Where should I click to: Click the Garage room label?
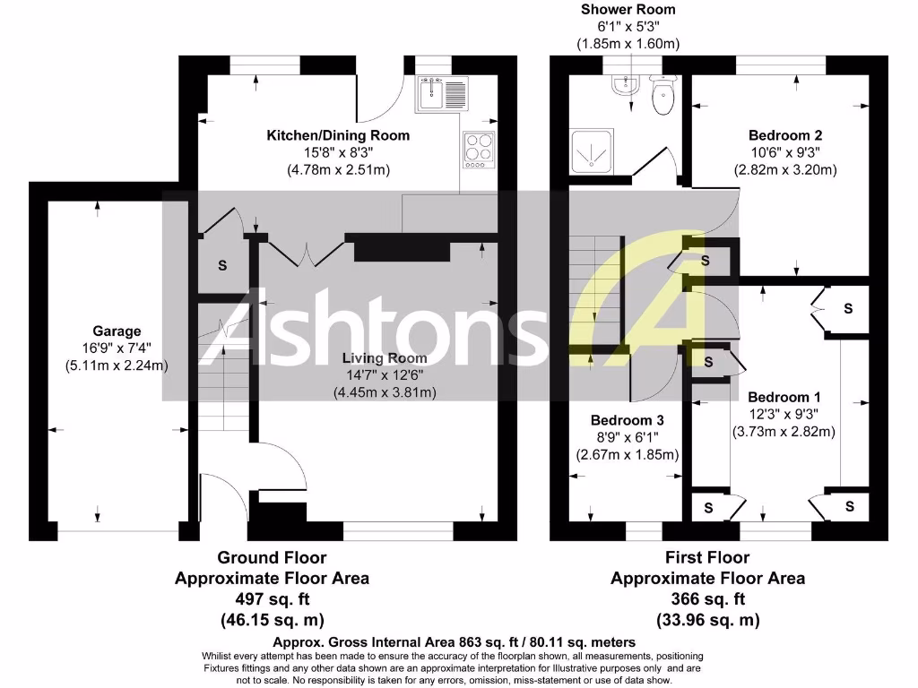coord(117,331)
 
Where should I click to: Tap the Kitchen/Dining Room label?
coord(338,135)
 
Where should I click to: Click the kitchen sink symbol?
coord(442,92)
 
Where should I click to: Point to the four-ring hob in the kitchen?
coord(480,149)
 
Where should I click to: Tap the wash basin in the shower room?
coord(622,85)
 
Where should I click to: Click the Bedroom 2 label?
coord(778,135)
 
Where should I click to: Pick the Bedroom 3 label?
coord(627,420)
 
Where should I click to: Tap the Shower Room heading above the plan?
coord(628,10)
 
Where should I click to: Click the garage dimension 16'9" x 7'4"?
coord(117,348)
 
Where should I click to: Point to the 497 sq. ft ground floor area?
coord(272,599)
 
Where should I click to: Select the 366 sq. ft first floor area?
coord(707,599)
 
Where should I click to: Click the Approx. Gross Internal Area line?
coord(455,641)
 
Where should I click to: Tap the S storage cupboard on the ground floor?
coord(222,265)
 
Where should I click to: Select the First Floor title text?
coord(707,558)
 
